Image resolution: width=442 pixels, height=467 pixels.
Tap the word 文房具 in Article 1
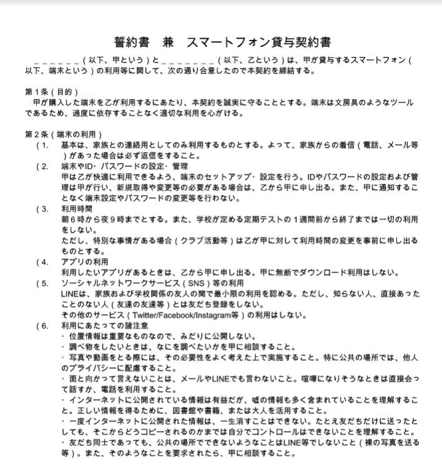coord(349,102)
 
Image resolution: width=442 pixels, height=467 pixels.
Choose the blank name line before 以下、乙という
coord(187,60)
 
